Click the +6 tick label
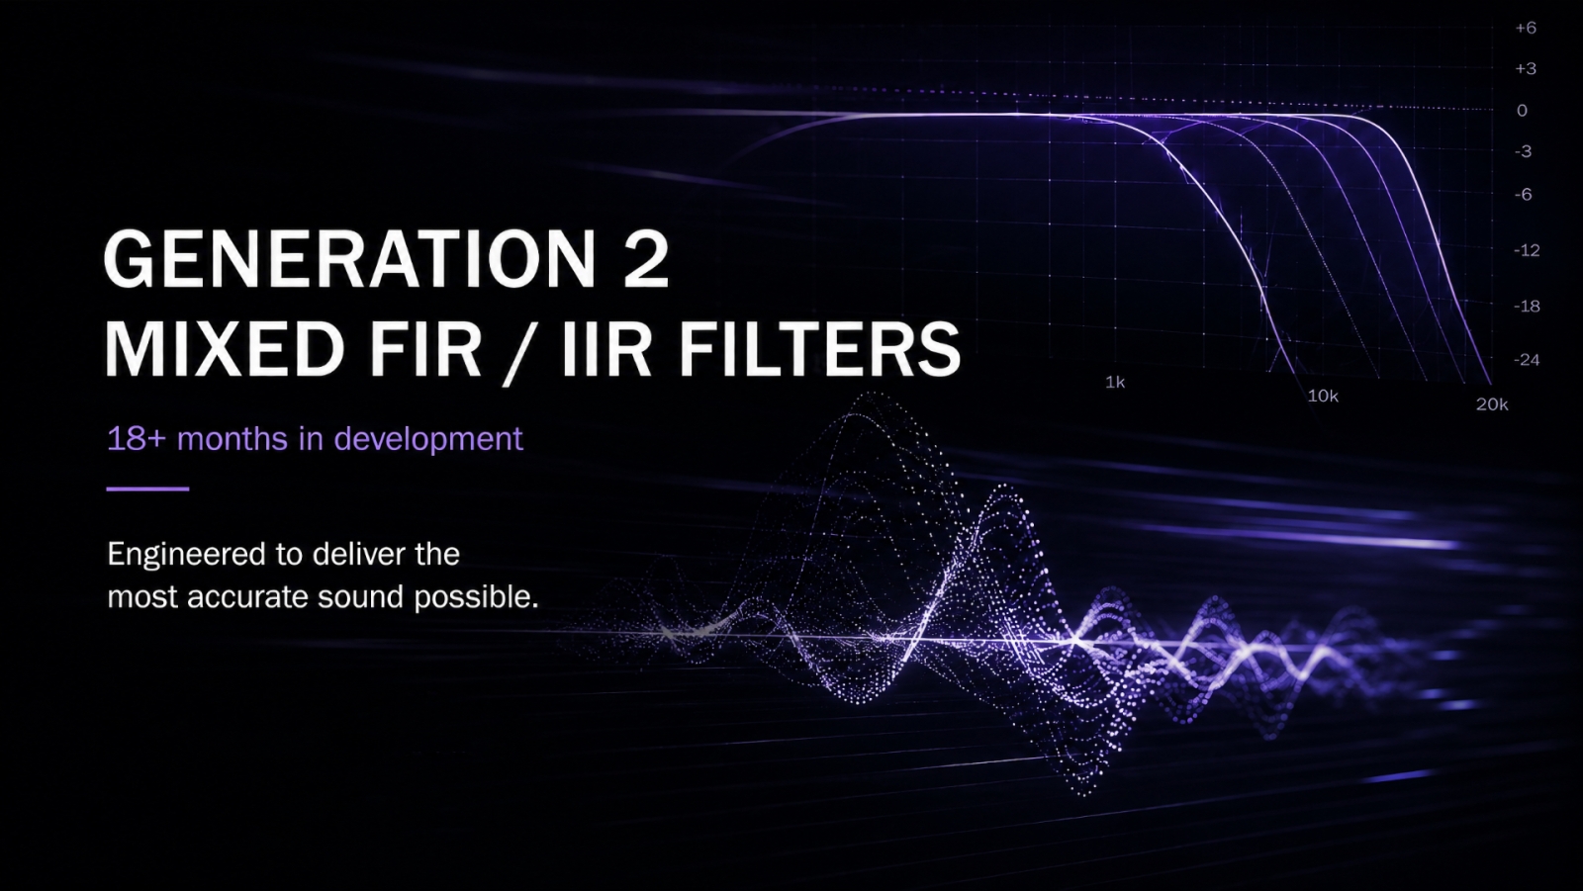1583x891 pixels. click(1526, 28)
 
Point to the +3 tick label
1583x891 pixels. click(1526, 68)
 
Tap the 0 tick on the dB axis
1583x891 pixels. click(1523, 110)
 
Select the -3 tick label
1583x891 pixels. click(1523, 151)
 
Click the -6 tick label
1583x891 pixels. click(1523, 194)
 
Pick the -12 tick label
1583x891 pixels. click(1527, 250)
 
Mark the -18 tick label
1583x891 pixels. click(1527, 306)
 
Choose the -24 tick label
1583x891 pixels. click(1527, 360)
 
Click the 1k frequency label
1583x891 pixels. click(1115, 383)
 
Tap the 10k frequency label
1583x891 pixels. click(1323, 396)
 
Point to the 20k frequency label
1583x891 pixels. click(1492, 404)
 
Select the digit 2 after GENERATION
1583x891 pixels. click(646, 259)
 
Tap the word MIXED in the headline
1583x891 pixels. click(225, 348)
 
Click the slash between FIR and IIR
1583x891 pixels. click(519, 352)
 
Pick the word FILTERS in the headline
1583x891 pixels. click(820, 348)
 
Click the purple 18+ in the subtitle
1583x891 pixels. click(137, 439)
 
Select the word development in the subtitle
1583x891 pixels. click(428, 439)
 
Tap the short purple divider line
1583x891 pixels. click(147, 489)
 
